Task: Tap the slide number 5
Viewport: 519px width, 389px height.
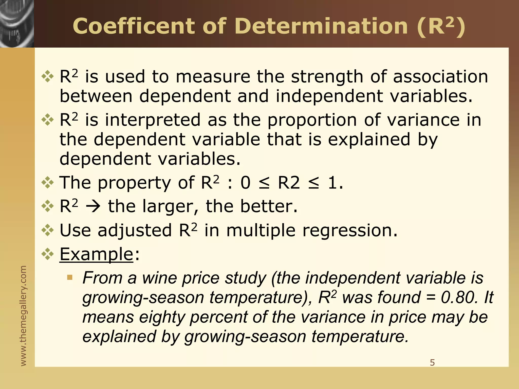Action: pos(432,363)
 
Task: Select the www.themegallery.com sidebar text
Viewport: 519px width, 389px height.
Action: pos(23,316)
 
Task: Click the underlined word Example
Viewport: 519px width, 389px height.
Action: pos(96,254)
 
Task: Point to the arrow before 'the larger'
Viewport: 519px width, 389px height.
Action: pos(93,206)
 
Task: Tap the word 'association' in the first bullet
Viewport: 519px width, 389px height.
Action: pos(440,77)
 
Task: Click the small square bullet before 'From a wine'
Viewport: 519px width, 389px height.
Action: pos(70,278)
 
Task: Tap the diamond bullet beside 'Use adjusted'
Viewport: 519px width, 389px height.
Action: pos(48,230)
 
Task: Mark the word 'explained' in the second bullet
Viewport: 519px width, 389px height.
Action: pos(369,139)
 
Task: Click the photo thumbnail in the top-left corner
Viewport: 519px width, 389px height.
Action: pos(17,24)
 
